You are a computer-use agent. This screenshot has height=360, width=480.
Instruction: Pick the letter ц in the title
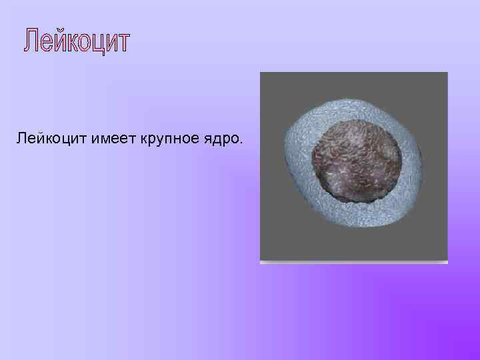click(x=103, y=43)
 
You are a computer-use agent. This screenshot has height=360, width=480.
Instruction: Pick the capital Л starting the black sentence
click(x=21, y=139)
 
